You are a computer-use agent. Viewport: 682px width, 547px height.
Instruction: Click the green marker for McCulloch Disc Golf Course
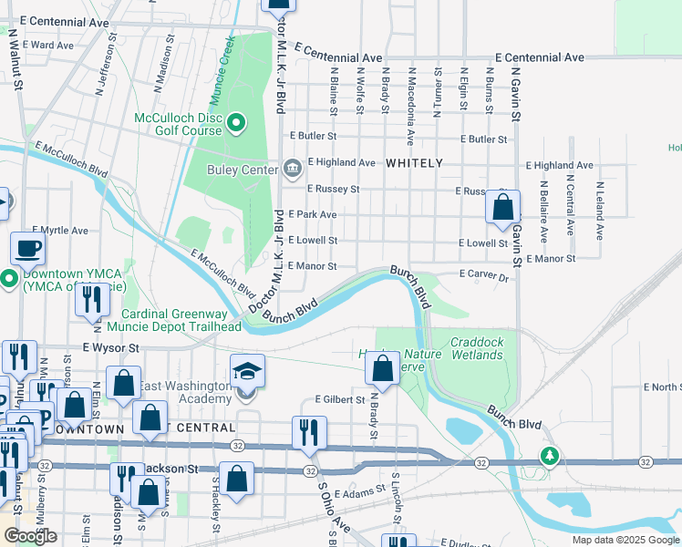coord(236,123)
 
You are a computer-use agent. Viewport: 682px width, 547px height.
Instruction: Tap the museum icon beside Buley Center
coord(292,168)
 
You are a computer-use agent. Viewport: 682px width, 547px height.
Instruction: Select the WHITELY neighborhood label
coord(414,163)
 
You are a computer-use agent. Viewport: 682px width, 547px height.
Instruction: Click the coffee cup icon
coord(27,247)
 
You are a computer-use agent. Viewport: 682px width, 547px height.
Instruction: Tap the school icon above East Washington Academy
coord(247,370)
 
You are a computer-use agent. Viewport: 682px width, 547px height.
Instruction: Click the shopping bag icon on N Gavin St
coord(502,207)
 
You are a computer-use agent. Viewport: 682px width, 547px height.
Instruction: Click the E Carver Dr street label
coord(483,273)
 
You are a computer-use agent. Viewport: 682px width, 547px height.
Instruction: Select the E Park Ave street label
coord(313,214)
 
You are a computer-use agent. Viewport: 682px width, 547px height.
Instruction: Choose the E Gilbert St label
coord(339,399)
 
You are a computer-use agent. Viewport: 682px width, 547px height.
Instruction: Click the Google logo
coord(30,536)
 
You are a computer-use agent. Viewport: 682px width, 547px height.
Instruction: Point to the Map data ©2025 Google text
coord(625,540)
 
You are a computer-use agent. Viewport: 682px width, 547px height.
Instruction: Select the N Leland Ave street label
coord(600,211)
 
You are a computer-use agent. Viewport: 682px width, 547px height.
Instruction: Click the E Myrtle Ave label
coord(59,231)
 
